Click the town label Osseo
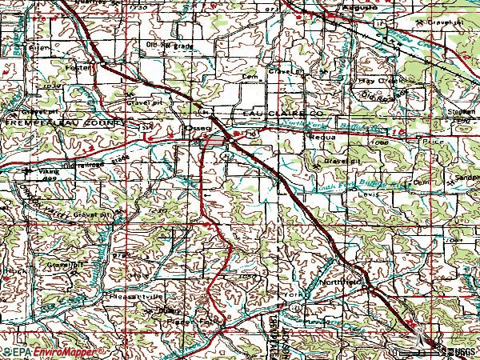pos(196,128)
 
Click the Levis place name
pos(368,194)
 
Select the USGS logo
pos(460,351)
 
